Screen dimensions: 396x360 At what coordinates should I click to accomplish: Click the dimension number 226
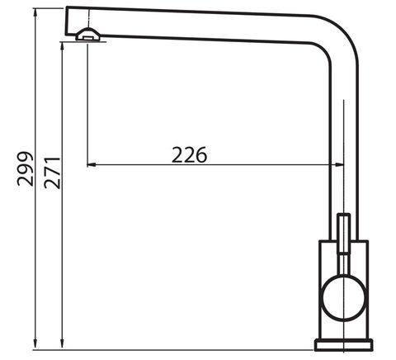[x=189, y=155]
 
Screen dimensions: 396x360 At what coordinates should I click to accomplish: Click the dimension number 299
[x=26, y=168]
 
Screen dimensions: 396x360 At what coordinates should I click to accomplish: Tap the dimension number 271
[x=52, y=173]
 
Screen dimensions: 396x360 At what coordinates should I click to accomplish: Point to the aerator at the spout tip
[x=88, y=35]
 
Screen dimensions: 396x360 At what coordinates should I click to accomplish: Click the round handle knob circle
[x=344, y=298]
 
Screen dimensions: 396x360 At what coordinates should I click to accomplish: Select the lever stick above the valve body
[x=344, y=233]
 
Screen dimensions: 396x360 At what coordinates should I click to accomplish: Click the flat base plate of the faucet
[x=343, y=345]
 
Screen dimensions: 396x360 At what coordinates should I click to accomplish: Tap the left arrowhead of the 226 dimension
[x=92, y=164]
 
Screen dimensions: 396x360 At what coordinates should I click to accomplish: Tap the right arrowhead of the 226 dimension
[x=339, y=164]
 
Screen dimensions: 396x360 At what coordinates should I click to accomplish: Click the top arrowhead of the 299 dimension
[x=35, y=13]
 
